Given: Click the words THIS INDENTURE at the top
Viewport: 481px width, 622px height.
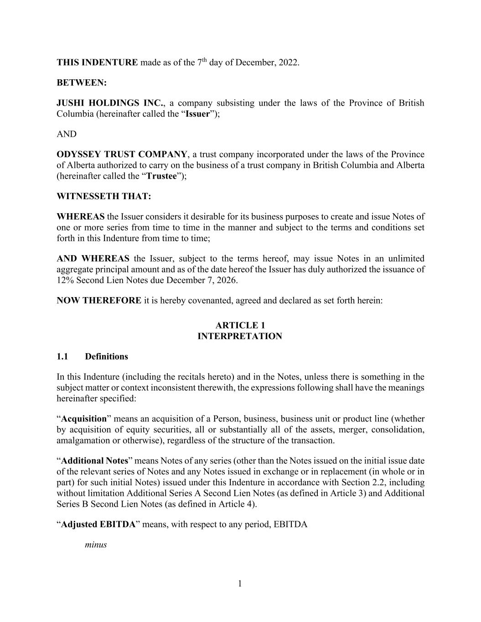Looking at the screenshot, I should click(97, 62).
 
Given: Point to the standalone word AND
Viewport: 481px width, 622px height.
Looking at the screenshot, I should click(67, 134).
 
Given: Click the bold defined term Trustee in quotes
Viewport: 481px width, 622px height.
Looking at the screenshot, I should click(161, 176).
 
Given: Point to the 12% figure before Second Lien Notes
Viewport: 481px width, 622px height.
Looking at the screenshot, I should click(65, 280).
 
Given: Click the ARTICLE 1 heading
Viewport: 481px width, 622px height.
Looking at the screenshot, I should click(240, 325).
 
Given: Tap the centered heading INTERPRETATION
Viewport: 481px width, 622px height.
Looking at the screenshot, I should click(240, 336).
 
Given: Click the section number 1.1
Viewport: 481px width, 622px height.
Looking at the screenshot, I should click(62, 356).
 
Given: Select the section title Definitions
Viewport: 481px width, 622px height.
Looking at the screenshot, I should click(106, 356).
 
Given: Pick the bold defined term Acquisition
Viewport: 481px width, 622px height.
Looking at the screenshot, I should click(84, 419).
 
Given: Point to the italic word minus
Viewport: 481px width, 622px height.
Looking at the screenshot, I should click(96, 545).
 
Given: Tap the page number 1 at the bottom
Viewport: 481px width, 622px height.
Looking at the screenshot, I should click(240, 584).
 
